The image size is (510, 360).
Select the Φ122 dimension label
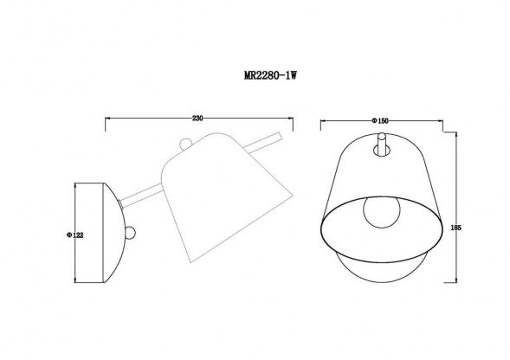coord(68,233)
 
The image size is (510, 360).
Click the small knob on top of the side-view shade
coord(186,145)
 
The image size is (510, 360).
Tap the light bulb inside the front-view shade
coord(380,211)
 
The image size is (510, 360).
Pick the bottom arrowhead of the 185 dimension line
coord(456,282)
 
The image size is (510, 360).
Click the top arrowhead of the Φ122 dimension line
coord(74,183)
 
